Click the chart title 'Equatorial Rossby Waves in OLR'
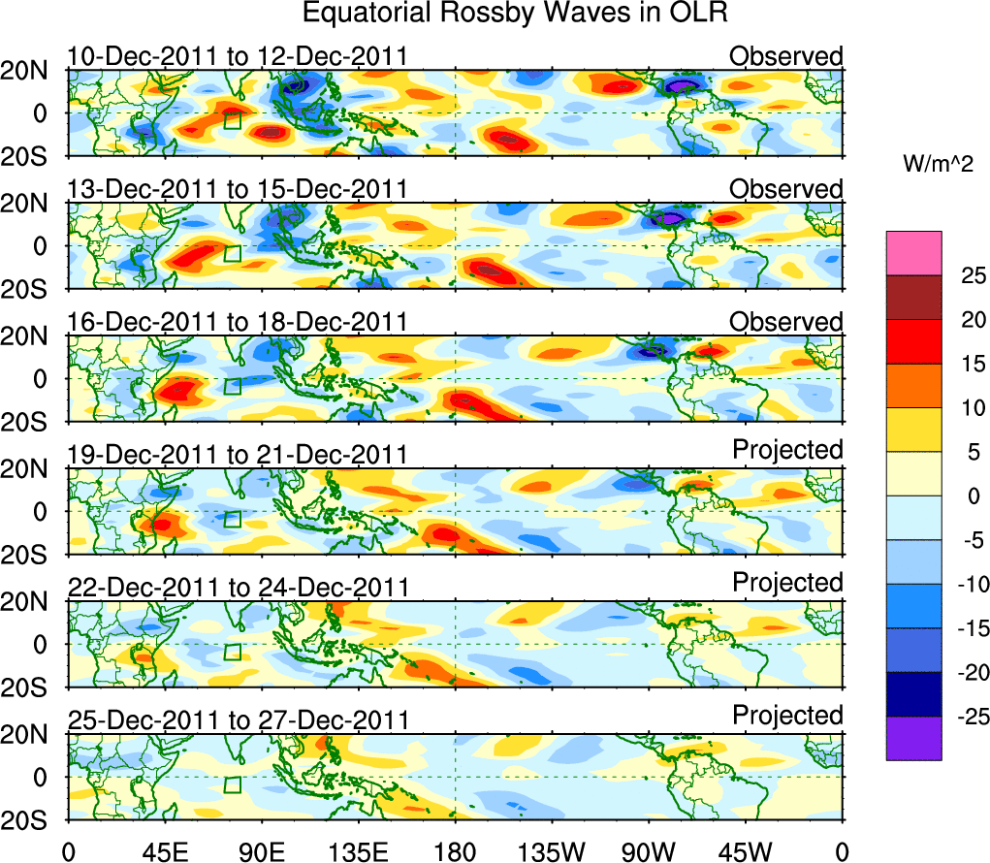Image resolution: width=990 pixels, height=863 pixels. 515,14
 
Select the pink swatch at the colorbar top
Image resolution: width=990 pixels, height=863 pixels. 913,253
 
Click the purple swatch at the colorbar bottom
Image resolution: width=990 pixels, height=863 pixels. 913,738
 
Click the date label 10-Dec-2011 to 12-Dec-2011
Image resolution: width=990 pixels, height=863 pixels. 238,56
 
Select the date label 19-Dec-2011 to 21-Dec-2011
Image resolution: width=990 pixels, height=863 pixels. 238,455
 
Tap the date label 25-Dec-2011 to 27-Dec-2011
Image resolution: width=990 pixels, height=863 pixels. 238,720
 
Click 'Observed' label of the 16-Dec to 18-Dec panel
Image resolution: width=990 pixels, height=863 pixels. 786,322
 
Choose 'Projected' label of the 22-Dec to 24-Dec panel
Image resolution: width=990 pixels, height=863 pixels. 787,582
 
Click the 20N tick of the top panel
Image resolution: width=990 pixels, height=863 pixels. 34,70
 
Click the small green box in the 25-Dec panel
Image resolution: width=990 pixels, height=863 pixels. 232,784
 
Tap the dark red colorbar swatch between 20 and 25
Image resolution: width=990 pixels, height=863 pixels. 913,298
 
